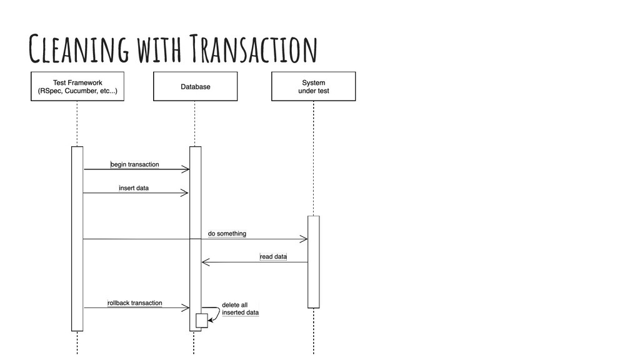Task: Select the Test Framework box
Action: (77, 86)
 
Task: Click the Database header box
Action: (196, 86)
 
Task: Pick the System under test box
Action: (313, 86)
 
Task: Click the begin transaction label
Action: (135, 164)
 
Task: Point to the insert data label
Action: (134, 187)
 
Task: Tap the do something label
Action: (227, 234)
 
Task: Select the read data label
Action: (273, 257)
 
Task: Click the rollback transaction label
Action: (135, 303)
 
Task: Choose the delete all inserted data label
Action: (240, 309)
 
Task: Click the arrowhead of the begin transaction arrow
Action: (186, 169)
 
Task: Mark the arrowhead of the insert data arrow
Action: (186, 192)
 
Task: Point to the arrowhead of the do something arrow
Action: (304, 239)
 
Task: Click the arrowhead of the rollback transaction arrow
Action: (186, 307)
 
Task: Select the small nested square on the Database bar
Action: (201, 320)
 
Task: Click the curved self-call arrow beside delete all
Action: (216, 312)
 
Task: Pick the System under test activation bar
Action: (313, 262)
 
